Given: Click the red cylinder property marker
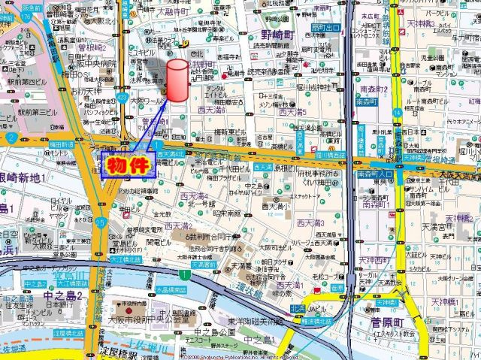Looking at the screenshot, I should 177,80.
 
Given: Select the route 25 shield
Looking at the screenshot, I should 101,221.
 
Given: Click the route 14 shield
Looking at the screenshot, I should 395,112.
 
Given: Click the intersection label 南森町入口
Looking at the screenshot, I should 371,173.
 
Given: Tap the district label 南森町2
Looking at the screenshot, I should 374,89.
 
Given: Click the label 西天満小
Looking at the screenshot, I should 276,206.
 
